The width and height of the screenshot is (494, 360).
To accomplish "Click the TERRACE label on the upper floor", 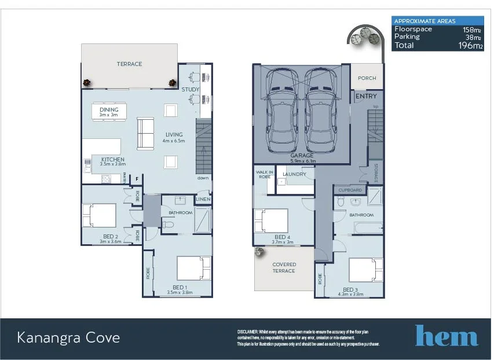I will [x=129, y=64].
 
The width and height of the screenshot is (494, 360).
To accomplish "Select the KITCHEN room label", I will [x=112, y=160].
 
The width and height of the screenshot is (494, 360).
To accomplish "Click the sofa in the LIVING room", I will [x=145, y=133].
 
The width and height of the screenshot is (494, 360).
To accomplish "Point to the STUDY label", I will [x=190, y=90].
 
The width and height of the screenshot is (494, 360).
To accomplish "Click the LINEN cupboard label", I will [x=203, y=200].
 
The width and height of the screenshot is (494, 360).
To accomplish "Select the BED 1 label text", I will [x=179, y=287].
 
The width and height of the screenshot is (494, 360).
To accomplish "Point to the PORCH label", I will [x=367, y=78].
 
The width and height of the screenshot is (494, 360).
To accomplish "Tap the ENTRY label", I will [x=366, y=96].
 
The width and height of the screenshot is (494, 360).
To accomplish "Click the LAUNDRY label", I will [x=294, y=174].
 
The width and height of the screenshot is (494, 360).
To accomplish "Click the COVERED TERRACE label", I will [x=284, y=267].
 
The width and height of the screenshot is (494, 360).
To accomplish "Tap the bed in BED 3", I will [x=365, y=270].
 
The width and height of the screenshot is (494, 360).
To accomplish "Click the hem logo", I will [x=446, y=336].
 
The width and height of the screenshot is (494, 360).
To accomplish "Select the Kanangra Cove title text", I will [x=68, y=337].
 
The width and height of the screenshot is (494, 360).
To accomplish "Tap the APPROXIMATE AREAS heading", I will [x=425, y=21].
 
